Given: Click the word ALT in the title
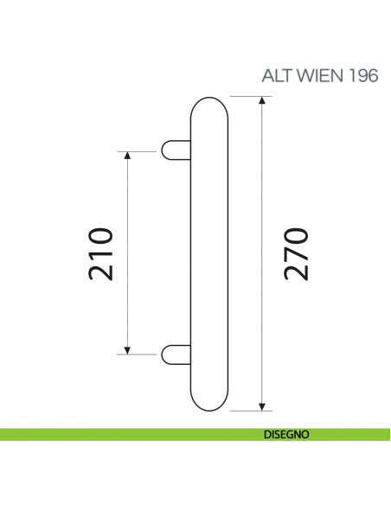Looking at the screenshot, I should tap(276, 76).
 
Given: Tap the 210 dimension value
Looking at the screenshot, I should tap(102, 253).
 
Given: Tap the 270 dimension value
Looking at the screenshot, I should tap(297, 253).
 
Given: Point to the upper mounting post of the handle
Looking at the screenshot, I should tap(175, 150).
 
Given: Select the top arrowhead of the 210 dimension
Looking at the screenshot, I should tap(127, 156).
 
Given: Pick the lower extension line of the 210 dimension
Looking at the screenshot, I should tap(138, 353).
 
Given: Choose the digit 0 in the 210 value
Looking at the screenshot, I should tap(102, 235).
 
